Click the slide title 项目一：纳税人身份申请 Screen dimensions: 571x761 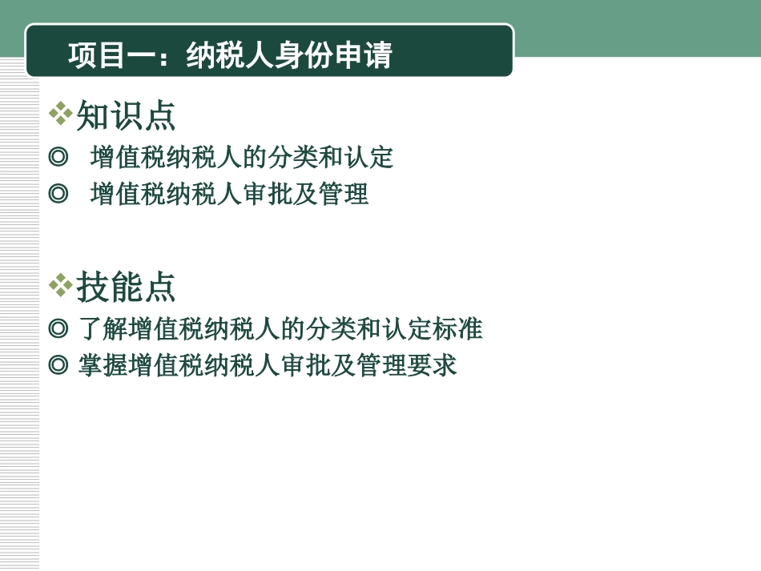pyautogui.click(x=230, y=56)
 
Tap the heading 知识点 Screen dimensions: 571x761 pyautogui.click(x=126, y=116)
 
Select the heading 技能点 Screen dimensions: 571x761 pyautogui.click(x=126, y=287)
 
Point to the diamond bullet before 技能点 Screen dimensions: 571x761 pyautogui.click(x=60, y=284)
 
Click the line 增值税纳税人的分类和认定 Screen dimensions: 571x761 pyautogui.click(x=242, y=157)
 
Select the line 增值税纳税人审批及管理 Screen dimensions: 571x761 pyautogui.click(x=229, y=194)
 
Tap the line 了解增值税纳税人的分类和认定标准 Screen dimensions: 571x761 pyautogui.click(x=280, y=328)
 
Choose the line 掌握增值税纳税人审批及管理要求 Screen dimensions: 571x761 pyautogui.click(x=268, y=365)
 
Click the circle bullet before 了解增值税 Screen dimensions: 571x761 pyautogui.click(x=58, y=328)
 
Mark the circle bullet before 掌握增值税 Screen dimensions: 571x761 pyautogui.click(x=58, y=365)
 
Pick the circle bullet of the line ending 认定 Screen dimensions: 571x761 pyautogui.click(x=58, y=157)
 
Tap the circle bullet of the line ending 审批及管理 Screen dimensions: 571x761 pyautogui.click(x=58, y=194)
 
